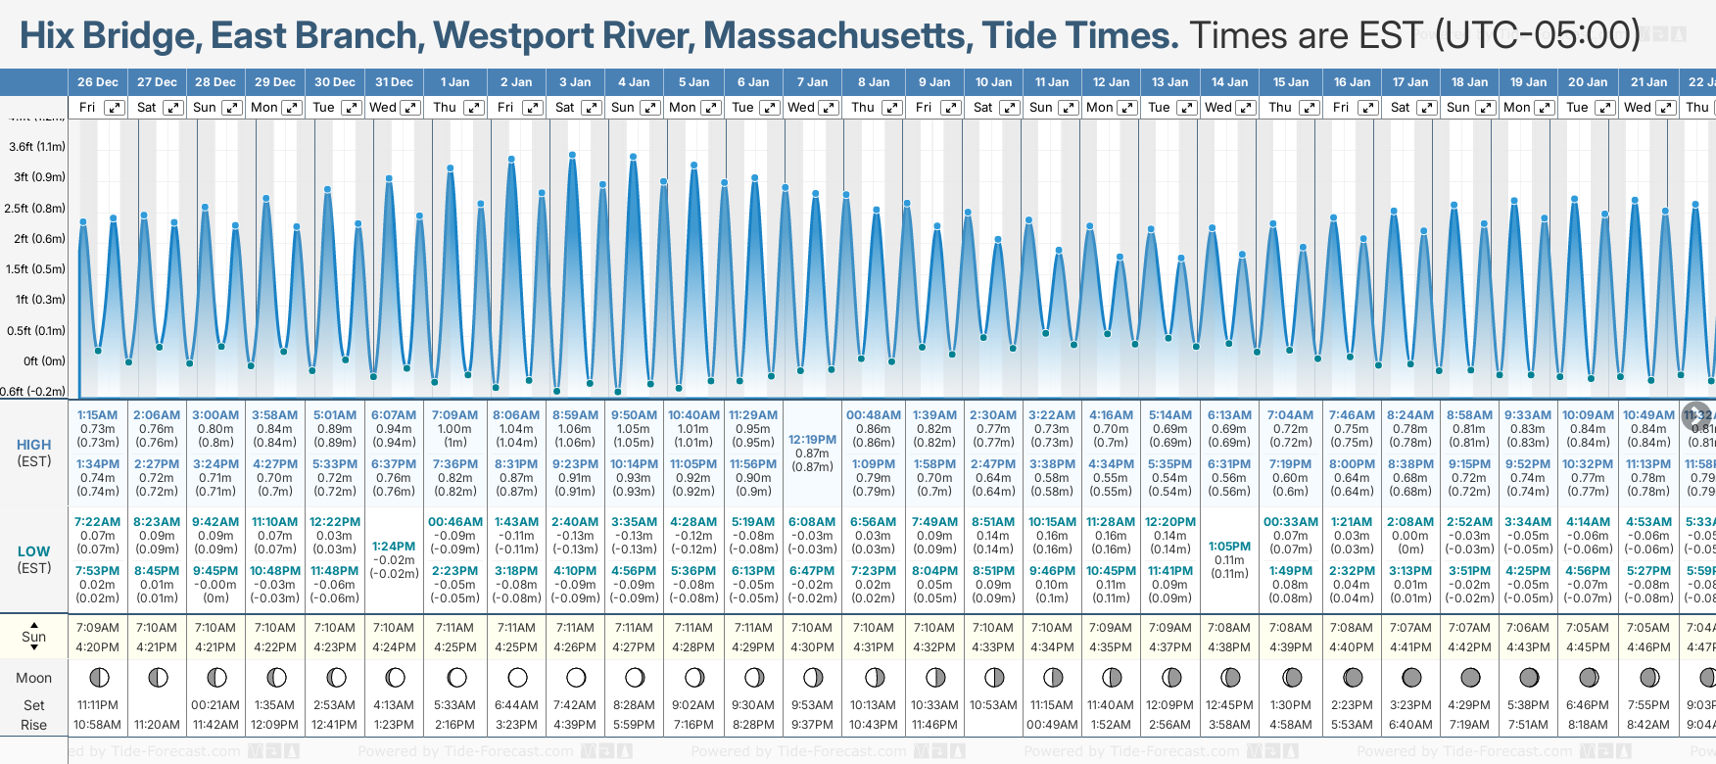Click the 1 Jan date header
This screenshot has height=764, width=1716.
click(454, 82)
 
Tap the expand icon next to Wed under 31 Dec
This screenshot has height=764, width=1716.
click(410, 108)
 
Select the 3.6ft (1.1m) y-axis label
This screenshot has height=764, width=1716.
click(37, 147)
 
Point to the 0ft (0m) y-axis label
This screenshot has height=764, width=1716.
click(44, 361)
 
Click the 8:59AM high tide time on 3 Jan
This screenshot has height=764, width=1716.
click(575, 415)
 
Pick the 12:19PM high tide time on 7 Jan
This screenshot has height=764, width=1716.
click(812, 440)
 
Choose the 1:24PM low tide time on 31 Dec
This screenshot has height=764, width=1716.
click(394, 547)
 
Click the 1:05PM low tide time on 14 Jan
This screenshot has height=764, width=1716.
click(1229, 547)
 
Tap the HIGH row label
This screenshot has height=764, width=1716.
click(34, 445)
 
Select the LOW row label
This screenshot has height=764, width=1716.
click(34, 551)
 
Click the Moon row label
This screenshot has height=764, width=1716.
click(34, 678)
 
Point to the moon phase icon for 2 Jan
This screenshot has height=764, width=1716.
click(517, 678)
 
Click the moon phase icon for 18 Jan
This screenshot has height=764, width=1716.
click(1470, 678)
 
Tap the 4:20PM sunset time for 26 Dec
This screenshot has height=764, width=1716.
click(98, 647)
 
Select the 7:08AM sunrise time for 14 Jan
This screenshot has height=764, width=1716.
click(1229, 628)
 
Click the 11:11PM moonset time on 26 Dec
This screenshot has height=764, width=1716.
click(98, 705)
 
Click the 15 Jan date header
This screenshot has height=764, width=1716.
click(1291, 82)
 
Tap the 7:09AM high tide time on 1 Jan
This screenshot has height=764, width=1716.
click(454, 415)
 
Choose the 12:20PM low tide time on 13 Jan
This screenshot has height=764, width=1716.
click(1169, 522)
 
